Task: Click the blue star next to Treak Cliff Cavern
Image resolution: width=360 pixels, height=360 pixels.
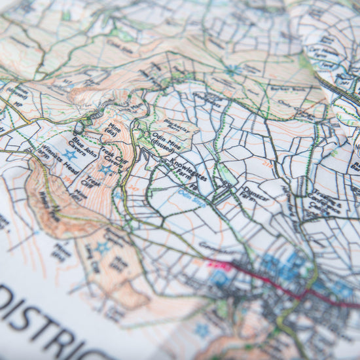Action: (105, 170)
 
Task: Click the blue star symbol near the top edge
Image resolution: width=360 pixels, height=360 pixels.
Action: (232, 69)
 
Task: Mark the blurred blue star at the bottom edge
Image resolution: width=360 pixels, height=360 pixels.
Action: (204, 329)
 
